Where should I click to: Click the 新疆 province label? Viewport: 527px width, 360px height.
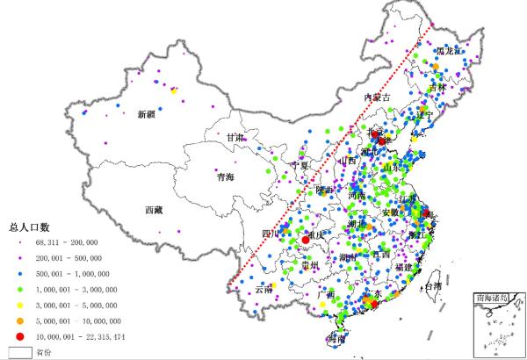(146, 114)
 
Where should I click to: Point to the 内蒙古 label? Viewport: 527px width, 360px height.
(375, 98)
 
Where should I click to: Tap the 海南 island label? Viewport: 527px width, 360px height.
(336, 338)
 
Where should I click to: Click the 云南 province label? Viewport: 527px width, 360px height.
(263, 289)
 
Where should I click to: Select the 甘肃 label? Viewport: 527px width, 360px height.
(235, 138)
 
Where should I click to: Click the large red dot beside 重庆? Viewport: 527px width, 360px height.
(306, 240)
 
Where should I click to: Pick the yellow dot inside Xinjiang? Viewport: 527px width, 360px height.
(174, 91)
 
